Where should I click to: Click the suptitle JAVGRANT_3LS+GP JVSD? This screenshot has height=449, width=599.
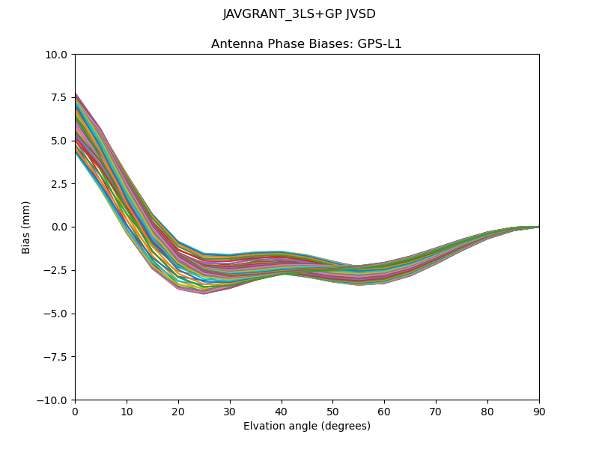click(299, 14)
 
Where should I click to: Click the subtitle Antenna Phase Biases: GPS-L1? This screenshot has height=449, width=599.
click(306, 44)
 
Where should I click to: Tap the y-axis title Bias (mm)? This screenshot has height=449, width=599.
click(26, 227)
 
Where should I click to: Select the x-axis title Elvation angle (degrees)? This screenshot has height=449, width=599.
click(306, 427)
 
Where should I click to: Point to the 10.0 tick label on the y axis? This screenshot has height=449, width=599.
click(57, 55)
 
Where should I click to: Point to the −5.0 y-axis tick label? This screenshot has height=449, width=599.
click(56, 314)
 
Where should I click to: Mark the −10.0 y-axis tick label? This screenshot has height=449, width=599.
click(54, 400)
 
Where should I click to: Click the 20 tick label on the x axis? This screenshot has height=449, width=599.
click(178, 411)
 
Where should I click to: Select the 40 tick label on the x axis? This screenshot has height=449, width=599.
click(282, 411)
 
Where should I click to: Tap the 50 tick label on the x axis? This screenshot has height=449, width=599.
click(332, 411)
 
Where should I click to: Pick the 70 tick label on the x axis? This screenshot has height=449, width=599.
click(436, 411)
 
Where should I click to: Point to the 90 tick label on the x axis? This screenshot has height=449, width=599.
click(539, 411)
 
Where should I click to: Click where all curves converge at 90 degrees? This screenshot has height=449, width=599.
click(538, 227)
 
